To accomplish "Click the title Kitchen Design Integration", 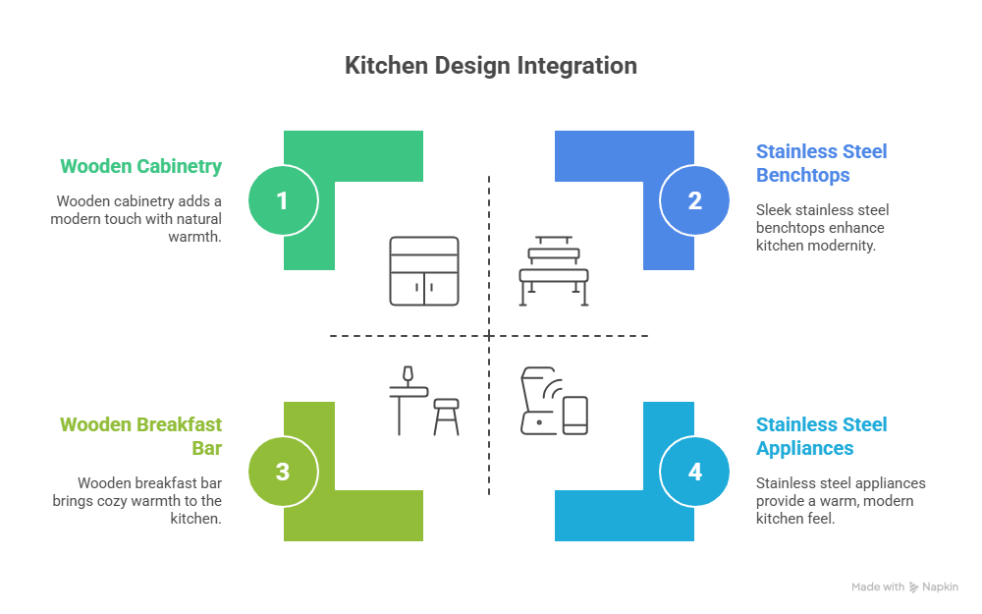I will (491, 66).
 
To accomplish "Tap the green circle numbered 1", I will (282, 200).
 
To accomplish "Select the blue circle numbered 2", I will (695, 200).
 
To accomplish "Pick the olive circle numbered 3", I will (282, 472).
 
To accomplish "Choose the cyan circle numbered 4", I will (695, 472).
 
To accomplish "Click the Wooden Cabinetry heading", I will (141, 166).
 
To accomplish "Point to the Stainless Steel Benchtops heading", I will (821, 163).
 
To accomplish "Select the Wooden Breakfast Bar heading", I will (141, 436).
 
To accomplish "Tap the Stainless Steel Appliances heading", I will (821, 436).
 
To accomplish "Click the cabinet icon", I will (423, 270).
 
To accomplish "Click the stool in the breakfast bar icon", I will (447, 416).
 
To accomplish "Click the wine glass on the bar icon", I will (408, 375).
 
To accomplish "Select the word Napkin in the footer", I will (940, 586).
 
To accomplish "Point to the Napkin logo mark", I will (914, 586).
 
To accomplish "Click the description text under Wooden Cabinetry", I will (137, 219).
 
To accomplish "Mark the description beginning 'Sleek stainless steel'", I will (821, 228).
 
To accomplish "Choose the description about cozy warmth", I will (137, 500).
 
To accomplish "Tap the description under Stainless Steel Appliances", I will (841, 500).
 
